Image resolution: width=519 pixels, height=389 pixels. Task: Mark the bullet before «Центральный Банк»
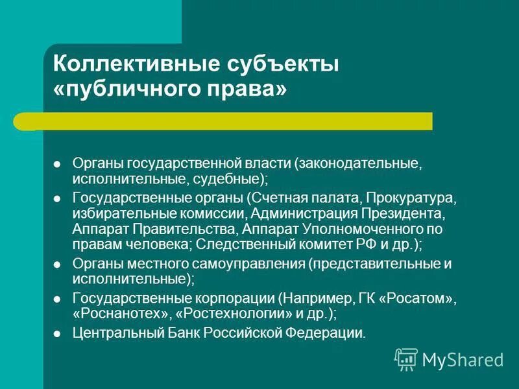coord(57,335)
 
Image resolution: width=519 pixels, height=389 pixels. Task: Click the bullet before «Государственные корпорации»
coord(57,300)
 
